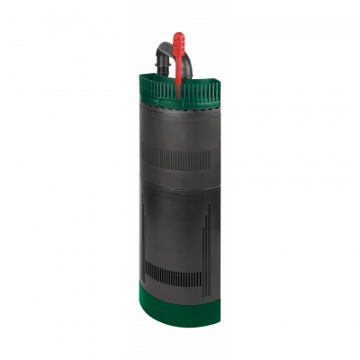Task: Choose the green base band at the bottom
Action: pyautogui.click(x=180, y=310)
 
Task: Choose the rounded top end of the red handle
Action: pyautogui.click(x=178, y=35)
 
